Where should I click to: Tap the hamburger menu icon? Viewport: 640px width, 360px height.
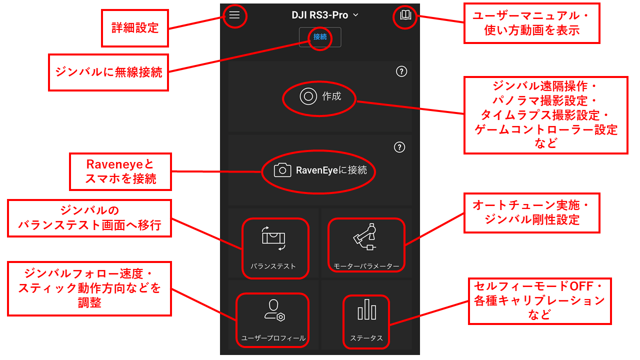click(234, 15)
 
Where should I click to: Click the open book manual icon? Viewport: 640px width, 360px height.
click(405, 15)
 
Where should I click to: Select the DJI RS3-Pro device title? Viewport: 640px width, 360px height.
click(319, 15)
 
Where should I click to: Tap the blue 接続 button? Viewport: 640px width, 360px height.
click(319, 37)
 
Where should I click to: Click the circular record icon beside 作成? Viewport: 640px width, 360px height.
click(308, 96)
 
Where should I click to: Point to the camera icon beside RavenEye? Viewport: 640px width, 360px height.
click(282, 170)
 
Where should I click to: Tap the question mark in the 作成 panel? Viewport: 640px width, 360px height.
click(401, 71)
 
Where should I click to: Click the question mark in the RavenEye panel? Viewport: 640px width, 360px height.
click(399, 147)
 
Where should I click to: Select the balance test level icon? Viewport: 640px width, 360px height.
click(273, 238)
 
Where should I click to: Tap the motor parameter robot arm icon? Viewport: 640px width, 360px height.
click(365, 237)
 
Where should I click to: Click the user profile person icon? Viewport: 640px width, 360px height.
click(274, 310)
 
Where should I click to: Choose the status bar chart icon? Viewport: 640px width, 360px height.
click(367, 309)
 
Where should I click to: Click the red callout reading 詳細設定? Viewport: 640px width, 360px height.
click(135, 28)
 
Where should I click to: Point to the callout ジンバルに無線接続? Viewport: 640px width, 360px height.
click(108, 72)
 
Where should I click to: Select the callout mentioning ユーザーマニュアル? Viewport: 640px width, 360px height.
click(531, 23)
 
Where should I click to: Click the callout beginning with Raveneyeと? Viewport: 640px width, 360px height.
click(120, 171)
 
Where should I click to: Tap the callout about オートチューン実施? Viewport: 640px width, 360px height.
click(531, 213)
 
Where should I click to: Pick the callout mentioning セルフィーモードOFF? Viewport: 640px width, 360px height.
click(539, 301)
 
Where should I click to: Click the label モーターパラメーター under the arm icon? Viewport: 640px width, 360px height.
click(366, 266)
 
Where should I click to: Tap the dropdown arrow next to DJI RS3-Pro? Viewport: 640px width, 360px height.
click(355, 15)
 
